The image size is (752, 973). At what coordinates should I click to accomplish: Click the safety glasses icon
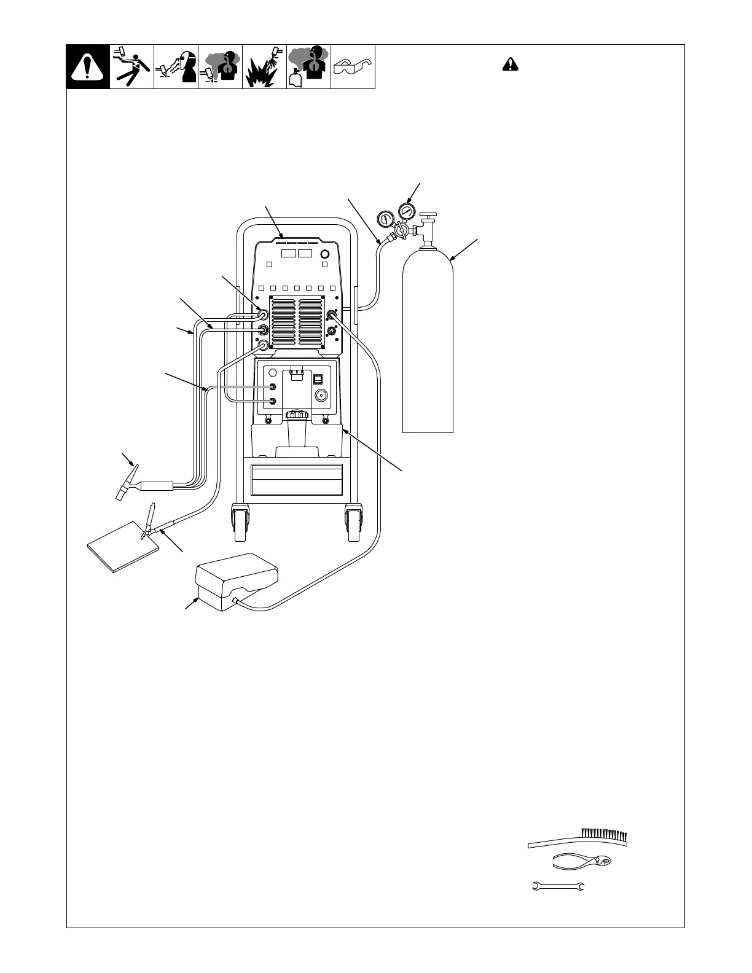pyautogui.click(x=353, y=66)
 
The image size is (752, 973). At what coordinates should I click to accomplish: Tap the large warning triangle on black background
pyautogui.click(x=88, y=67)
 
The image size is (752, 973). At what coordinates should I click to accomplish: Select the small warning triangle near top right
pyautogui.click(x=509, y=64)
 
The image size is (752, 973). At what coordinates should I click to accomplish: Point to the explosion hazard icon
pyautogui.click(x=264, y=66)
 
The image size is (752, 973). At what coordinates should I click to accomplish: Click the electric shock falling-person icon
pyautogui.click(x=131, y=66)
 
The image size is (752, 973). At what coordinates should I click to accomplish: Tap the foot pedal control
pyautogui.click(x=236, y=577)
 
